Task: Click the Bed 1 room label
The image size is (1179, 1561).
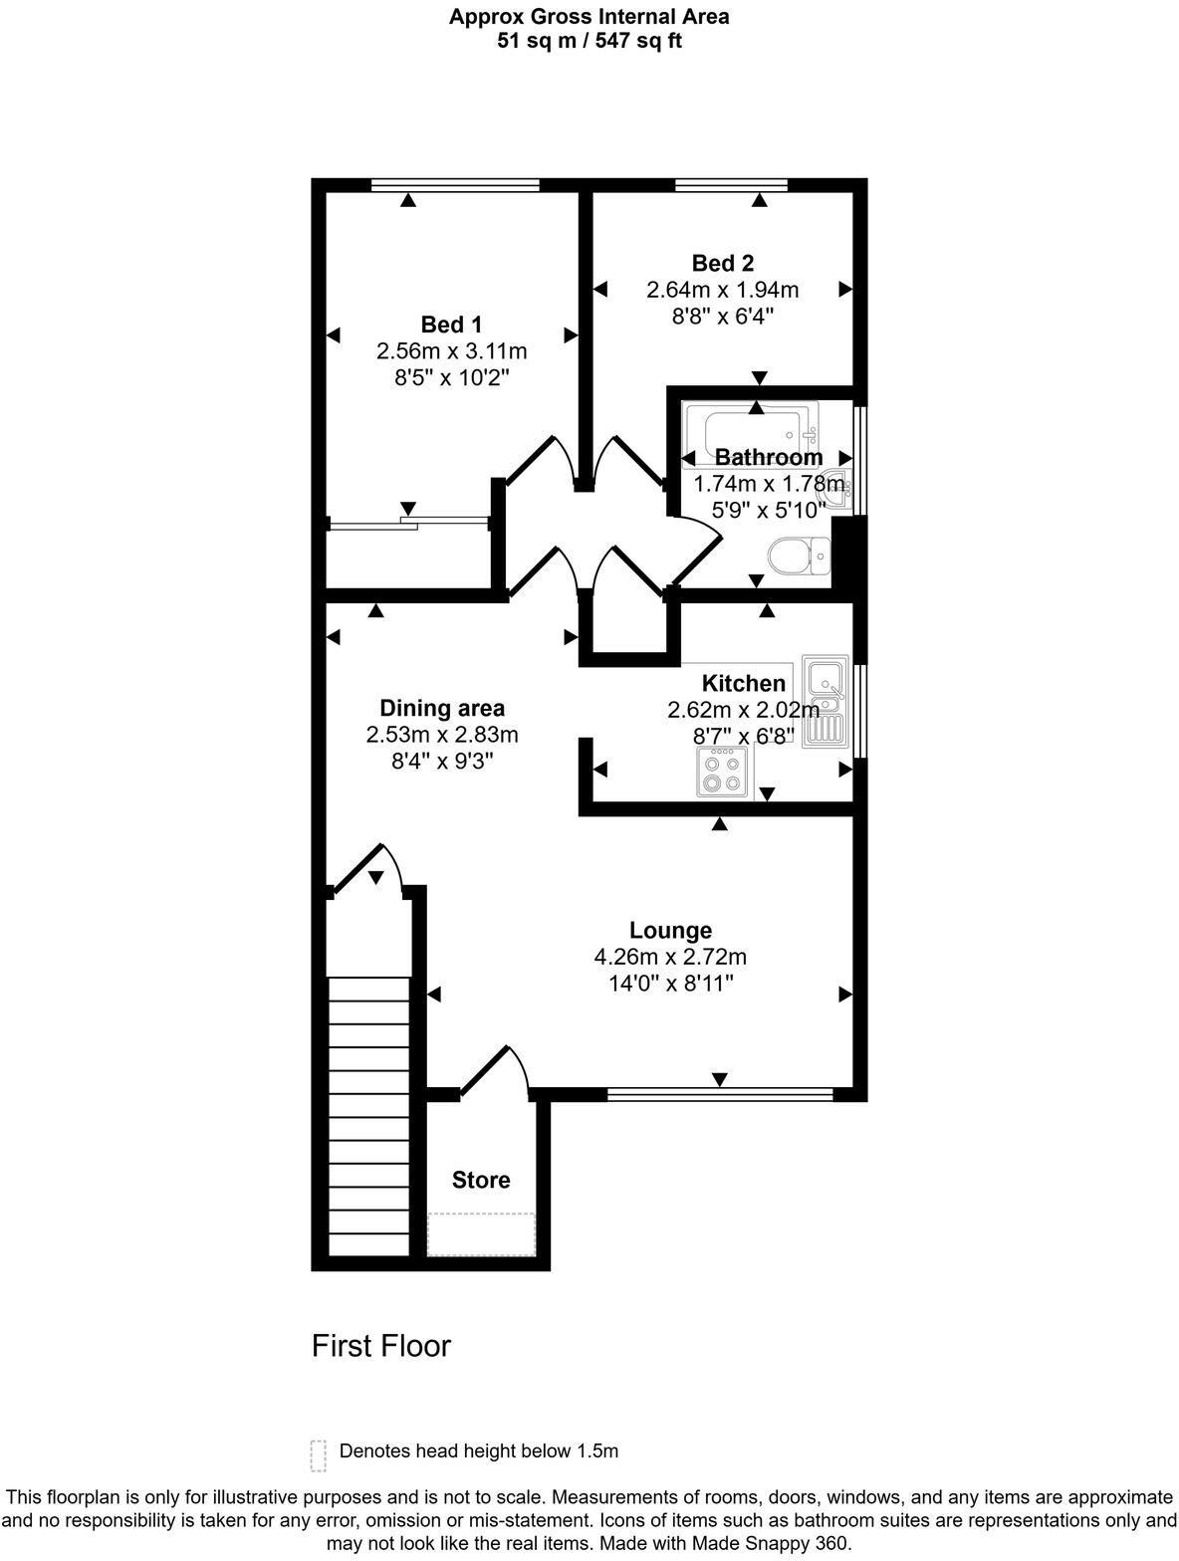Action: coord(451,325)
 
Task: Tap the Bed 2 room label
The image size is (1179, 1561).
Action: coord(722,263)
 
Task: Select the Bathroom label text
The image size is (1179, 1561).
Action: coord(769,457)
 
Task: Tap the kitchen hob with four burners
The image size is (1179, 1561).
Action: coord(722,772)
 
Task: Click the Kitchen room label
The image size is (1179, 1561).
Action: coord(743,683)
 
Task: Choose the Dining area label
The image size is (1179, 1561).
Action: coord(442,708)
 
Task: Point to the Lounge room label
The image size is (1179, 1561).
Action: coord(670,930)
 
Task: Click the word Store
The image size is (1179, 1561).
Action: coord(481,1180)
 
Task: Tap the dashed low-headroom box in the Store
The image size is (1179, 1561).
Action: coord(482,1234)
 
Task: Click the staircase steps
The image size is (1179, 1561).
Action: coord(368,1115)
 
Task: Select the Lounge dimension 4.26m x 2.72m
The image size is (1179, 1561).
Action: coord(670,957)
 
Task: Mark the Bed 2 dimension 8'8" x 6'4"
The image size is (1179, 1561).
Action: coord(722,317)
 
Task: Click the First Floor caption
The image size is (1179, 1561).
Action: coord(381,1346)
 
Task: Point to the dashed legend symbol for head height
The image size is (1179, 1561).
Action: coord(319,1454)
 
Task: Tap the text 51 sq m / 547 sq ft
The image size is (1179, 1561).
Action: coord(589,41)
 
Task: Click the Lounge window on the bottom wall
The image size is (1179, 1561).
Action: coord(719,1095)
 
